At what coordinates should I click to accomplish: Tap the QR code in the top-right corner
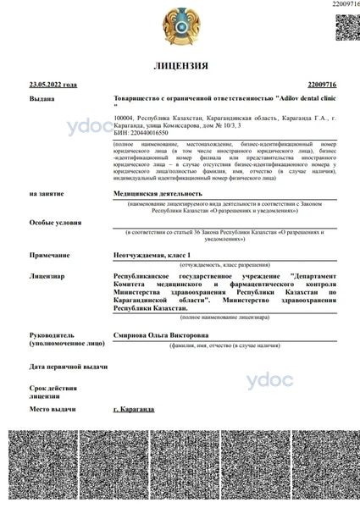click(x=346, y=25)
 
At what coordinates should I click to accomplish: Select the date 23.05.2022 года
click(x=53, y=85)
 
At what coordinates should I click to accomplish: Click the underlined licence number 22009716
click(x=321, y=85)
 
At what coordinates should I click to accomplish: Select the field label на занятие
click(x=47, y=193)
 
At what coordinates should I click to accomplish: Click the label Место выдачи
click(x=54, y=409)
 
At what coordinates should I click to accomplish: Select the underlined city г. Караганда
click(x=133, y=409)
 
